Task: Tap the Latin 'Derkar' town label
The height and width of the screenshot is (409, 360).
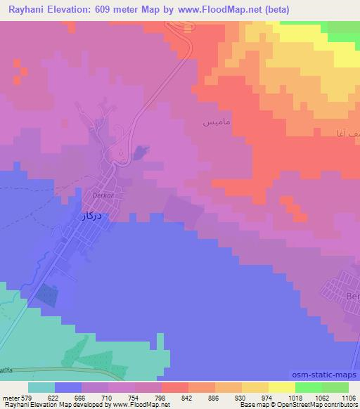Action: tap(103, 197)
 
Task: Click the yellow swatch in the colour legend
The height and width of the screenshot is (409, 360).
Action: tap(281, 387)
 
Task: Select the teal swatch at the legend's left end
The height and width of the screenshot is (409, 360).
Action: tap(41, 387)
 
